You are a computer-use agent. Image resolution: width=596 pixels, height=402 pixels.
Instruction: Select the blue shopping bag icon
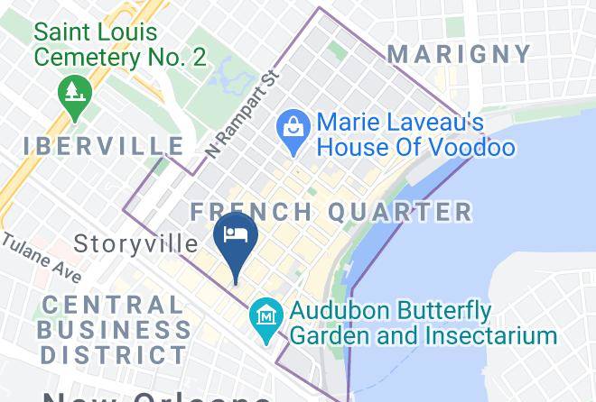click(293, 125)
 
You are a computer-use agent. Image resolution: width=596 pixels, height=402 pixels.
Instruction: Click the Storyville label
click(135, 243)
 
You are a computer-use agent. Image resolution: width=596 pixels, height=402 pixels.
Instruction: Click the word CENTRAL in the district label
click(112, 306)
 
